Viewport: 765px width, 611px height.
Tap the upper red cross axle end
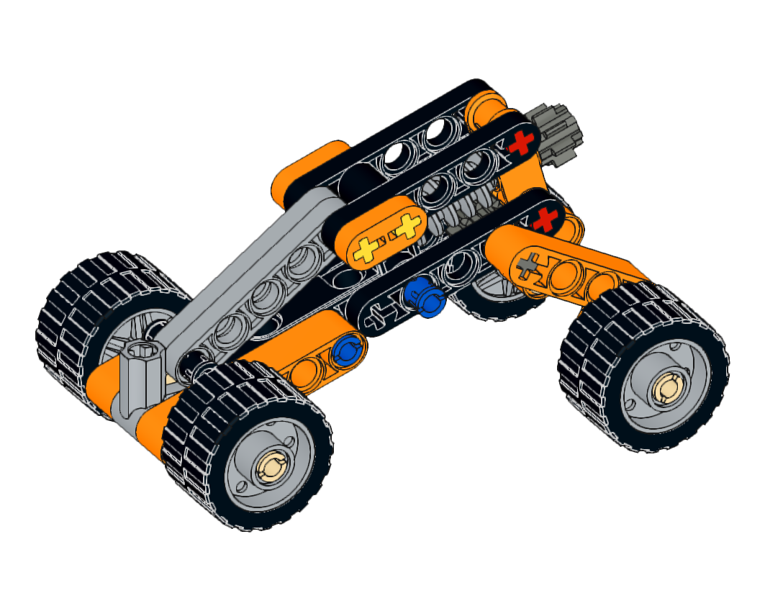click(522, 142)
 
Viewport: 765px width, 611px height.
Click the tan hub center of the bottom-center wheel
click(272, 469)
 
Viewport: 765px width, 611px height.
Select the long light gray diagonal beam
click(237, 273)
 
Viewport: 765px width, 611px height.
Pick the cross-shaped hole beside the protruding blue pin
click(379, 316)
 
